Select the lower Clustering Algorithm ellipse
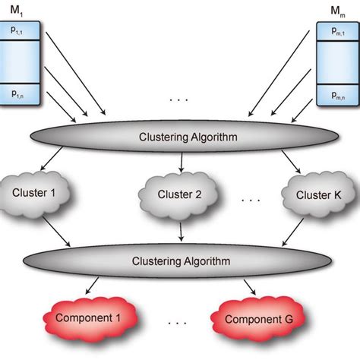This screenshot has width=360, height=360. pos(180,260)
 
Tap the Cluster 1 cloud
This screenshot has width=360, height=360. pos(43,193)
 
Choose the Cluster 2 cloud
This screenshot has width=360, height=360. pos(180,195)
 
